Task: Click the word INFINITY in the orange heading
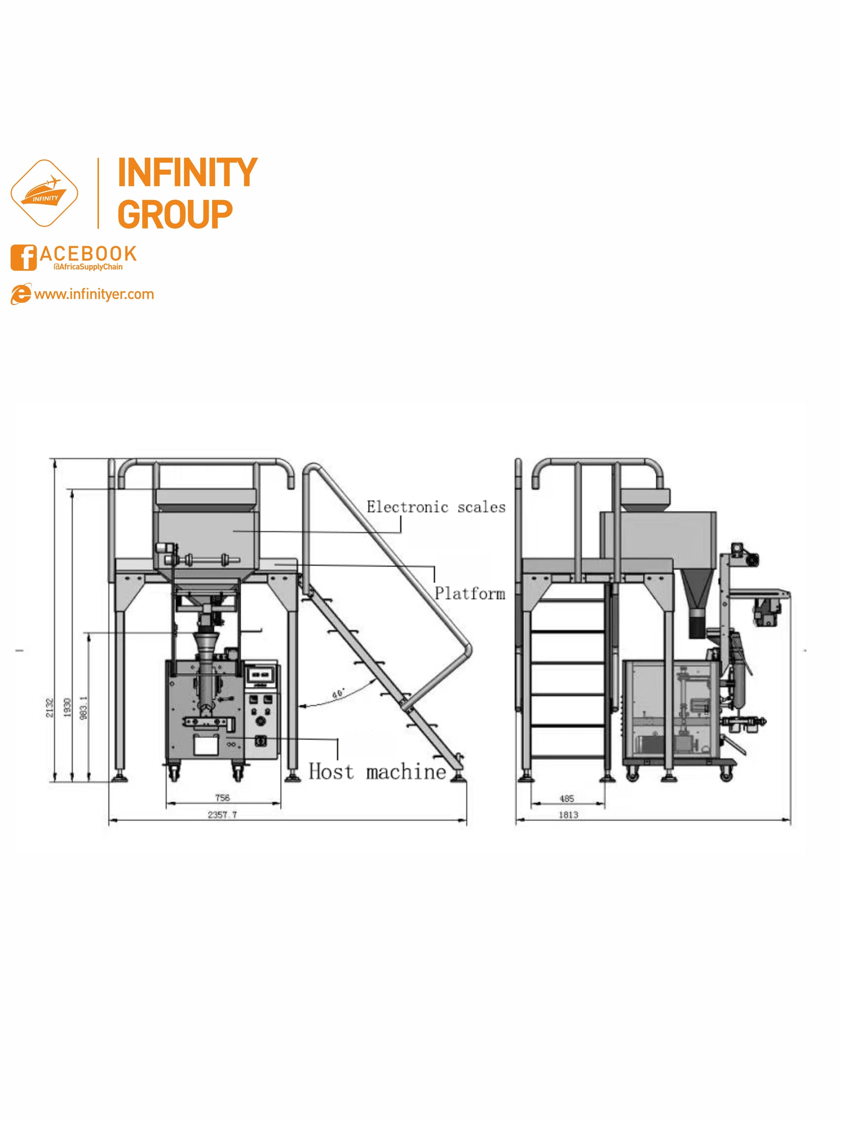[x=188, y=173]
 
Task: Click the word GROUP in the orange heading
[x=175, y=214]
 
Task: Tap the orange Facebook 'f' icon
[x=23, y=258]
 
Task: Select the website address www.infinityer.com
[x=94, y=294]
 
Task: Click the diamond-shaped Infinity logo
[x=45, y=193]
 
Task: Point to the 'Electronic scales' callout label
[x=436, y=507]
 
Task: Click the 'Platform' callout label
[x=470, y=593]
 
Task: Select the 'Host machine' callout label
[x=378, y=772]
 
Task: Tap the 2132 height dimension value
[x=50, y=708]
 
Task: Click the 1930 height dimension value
[x=67, y=708]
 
